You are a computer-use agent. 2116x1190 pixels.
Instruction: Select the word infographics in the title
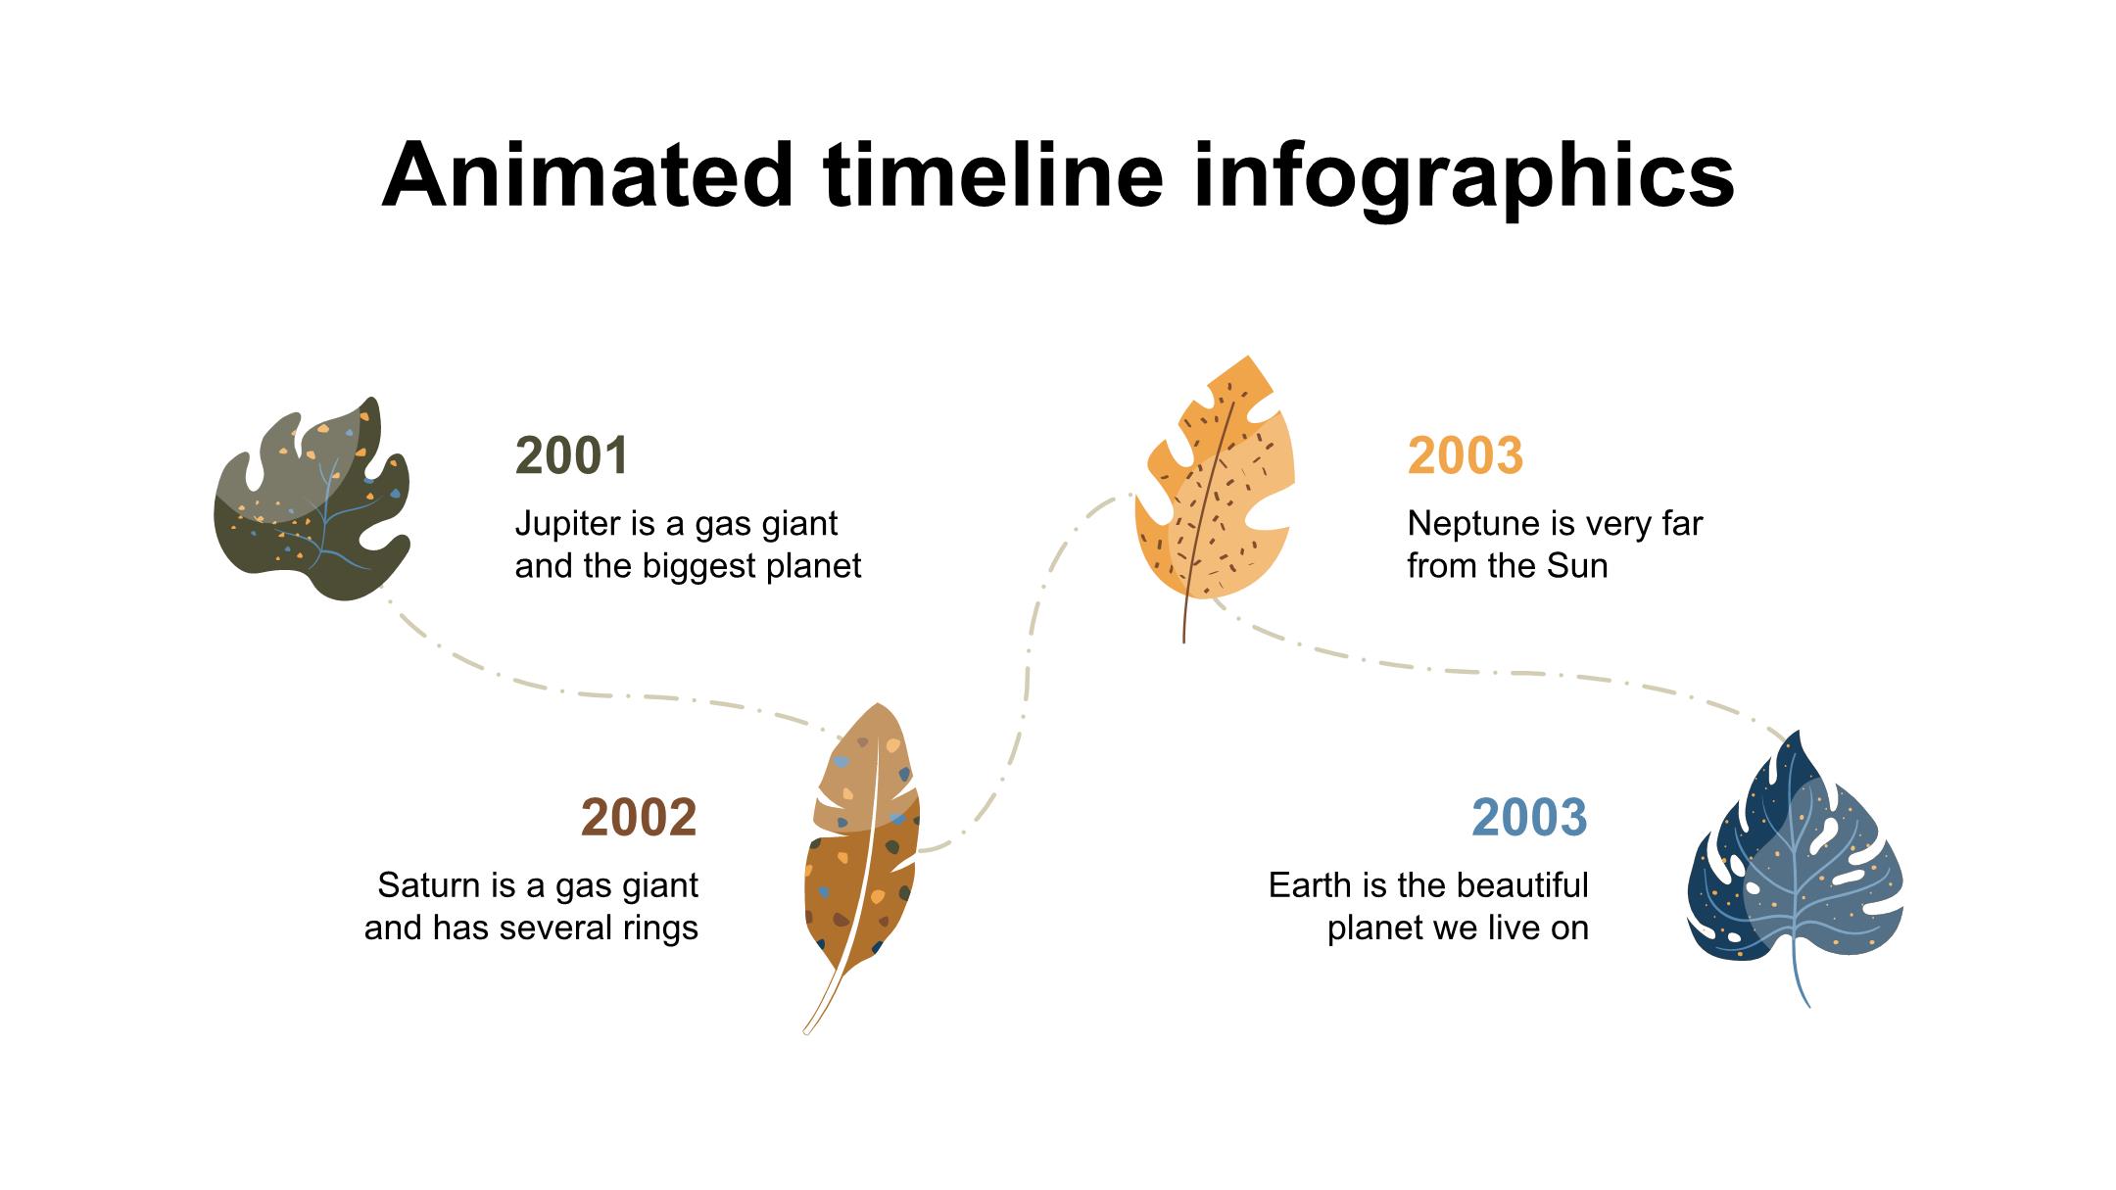tap(1465, 178)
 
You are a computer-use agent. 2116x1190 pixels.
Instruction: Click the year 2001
tap(572, 455)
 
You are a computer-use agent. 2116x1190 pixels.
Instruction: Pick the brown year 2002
tap(639, 818)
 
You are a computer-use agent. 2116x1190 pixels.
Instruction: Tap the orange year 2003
tap(1466, 455)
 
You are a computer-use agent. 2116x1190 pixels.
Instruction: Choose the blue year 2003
tap(1529, 818)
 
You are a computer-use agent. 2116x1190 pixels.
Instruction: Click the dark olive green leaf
tap(312, 500)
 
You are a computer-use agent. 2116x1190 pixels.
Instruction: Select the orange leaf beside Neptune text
tap(1215, 490)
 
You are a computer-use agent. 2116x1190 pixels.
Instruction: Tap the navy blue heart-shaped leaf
tap(1795, 862)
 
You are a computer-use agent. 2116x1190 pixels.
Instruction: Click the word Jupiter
tap(566, 525)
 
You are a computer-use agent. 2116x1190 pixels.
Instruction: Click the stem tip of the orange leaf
tap(1183, 642)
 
